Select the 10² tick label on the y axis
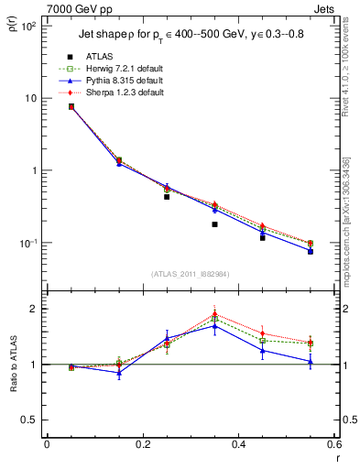[27, 26]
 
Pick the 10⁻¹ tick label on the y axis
[27, 243]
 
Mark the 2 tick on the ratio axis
[33, 309]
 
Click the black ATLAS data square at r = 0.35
[214, 224]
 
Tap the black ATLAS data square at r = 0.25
[167, 197]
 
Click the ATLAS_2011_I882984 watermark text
[190, 273]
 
